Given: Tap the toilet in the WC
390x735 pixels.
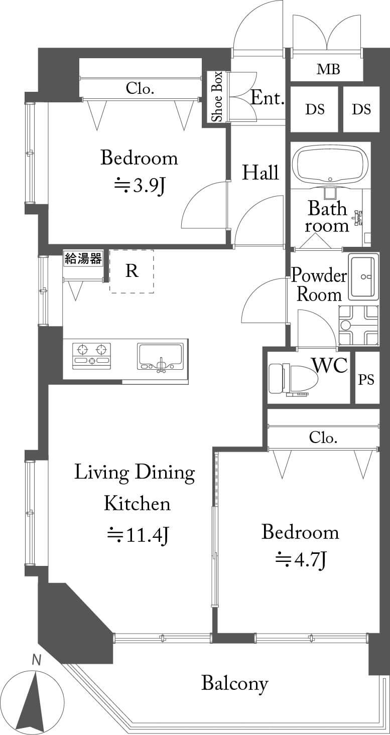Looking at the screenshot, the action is click(294, 378).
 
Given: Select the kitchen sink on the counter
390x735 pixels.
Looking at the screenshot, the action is click(161, 358).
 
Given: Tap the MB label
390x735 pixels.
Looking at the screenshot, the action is click(328, 69).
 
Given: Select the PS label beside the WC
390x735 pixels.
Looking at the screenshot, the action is click(366, 380).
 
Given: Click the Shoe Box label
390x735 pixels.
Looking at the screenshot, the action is click(217, 96).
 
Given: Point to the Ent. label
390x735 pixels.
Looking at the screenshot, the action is click(267, 98).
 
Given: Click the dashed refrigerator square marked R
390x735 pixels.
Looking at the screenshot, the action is click(132, 271).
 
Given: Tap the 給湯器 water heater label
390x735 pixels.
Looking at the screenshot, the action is click(83, 259).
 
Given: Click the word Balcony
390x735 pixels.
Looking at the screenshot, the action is click(235, 683).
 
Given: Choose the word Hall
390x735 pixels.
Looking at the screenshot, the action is click(261, 172).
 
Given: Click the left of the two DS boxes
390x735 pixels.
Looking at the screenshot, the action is click(314, 109).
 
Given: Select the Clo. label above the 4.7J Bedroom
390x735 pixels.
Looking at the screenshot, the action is click(323, 437).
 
